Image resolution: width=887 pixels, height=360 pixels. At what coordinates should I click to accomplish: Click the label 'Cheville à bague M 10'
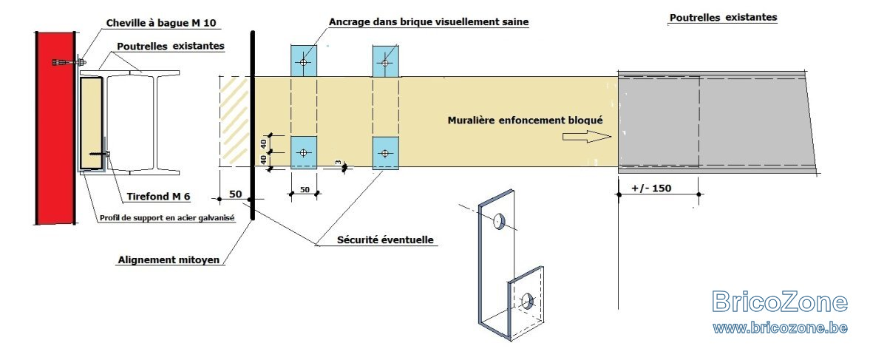tap(161, 23)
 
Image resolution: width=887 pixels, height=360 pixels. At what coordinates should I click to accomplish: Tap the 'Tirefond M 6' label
tap(158, 197)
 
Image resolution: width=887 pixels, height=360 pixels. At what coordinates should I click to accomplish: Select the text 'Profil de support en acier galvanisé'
tap(167, 218)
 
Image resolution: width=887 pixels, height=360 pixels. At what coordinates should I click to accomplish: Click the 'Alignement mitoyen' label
tap(169, 259)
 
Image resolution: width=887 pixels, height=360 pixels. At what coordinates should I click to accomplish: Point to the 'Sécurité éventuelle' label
tap(385, 240)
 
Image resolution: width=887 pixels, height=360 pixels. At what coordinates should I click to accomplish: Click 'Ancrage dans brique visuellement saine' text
tap(429, 21)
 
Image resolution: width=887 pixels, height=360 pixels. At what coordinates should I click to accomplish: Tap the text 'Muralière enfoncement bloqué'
tap(525, 120)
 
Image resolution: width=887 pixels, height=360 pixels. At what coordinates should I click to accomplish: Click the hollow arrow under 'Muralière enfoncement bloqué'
tap(587, 137)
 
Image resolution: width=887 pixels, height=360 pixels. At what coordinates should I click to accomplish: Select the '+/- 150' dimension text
tap(651, 188)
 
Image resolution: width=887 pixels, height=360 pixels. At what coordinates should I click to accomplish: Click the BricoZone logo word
tap(780, 302)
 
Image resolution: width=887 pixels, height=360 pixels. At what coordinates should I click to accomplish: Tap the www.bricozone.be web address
tap(780, 328)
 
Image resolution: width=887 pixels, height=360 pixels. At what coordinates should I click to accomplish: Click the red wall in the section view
tap(55, 128)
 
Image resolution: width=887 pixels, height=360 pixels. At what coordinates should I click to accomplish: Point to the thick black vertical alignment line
tap(252, 125)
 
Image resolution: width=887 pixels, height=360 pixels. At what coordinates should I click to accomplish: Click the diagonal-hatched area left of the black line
tap(234, 121)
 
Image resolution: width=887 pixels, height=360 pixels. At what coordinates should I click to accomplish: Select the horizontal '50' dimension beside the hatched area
tap(235, 194)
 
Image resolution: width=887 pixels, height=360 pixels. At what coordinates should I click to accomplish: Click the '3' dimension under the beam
tap(339, 163)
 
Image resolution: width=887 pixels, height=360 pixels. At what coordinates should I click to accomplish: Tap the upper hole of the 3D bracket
tap(499, 221)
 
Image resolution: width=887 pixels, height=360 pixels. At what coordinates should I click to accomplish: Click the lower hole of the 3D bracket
tap(527, 301)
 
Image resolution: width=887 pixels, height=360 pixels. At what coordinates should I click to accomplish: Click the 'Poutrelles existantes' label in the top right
tap(723, 18)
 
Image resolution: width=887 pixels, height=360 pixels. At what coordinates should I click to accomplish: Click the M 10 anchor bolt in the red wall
tap(69, 62)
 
